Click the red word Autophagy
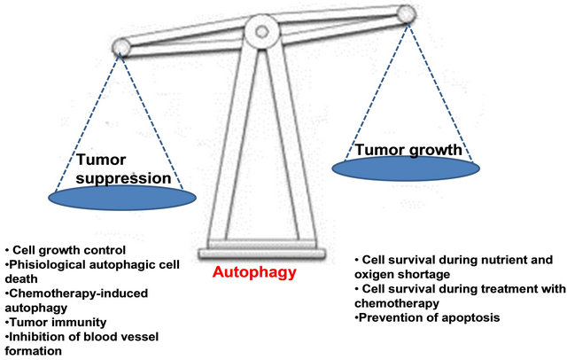(254, 272)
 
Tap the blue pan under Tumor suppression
(122, 198)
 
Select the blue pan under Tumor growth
(406, 168)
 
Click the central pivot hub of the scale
(262, 31)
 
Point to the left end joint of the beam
(120, 47)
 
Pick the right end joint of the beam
(407, 14)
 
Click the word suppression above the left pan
(124, 178)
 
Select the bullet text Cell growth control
(69, 250)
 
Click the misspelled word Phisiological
(47, 265)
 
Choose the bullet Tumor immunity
(58, 322)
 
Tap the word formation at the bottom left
(34, 351)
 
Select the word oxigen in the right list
(373, 275)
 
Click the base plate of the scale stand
(262, 254)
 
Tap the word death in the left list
(21, 279)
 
